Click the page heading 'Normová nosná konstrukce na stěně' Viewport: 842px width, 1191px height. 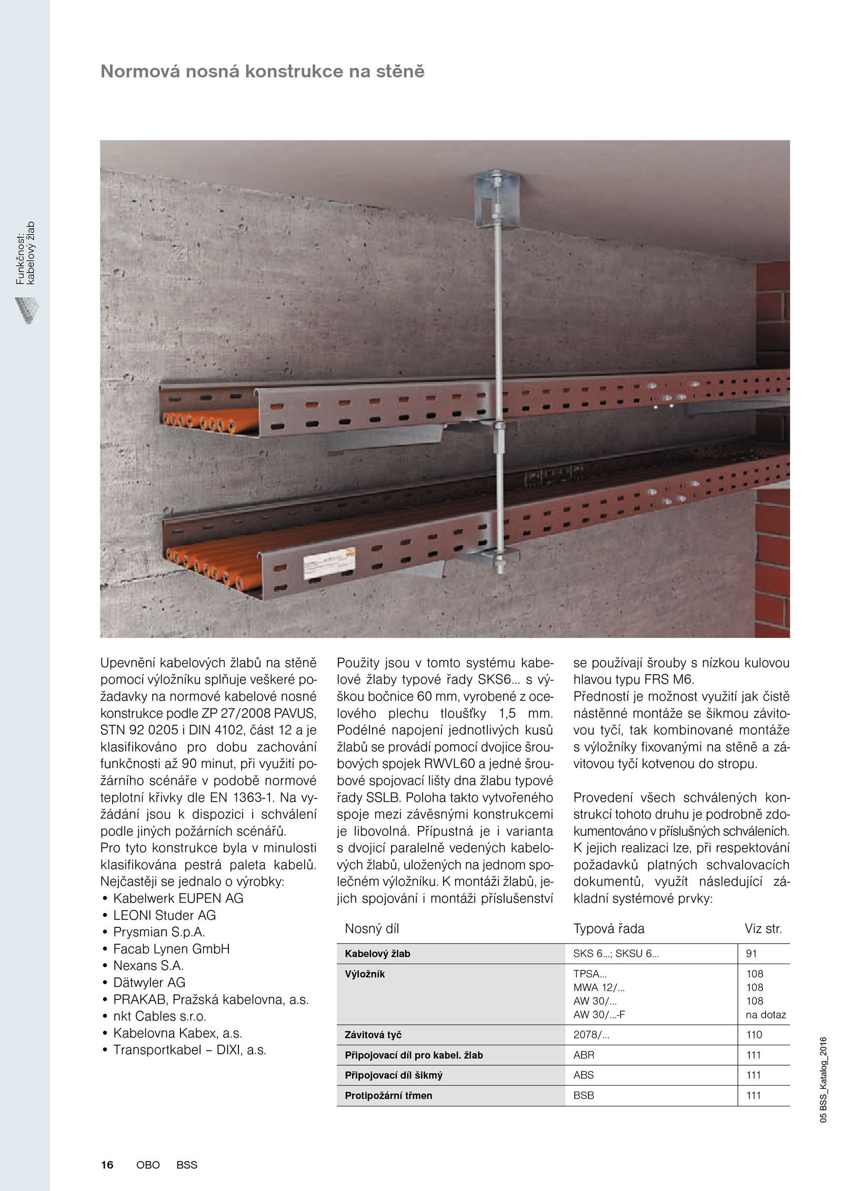262,72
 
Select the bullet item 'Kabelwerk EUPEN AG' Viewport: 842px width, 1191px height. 178,898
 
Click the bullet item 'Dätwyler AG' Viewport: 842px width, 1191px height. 149,983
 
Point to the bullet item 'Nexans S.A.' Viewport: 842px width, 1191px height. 148,966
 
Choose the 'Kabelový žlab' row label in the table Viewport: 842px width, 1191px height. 377,954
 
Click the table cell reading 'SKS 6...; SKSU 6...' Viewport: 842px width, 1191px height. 616,954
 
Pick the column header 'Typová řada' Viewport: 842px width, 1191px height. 609,929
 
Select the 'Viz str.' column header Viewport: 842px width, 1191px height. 763,929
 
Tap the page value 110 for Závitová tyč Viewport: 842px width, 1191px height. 754,1035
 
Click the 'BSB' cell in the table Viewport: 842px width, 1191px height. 584,1096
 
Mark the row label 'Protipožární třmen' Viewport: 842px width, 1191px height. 388,1096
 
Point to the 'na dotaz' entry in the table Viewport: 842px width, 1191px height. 766,1015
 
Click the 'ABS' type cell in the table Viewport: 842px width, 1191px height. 584,1075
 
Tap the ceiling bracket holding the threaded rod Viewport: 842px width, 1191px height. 497,197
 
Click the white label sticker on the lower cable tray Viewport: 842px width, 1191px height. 328,566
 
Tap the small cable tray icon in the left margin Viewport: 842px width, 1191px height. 27,310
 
